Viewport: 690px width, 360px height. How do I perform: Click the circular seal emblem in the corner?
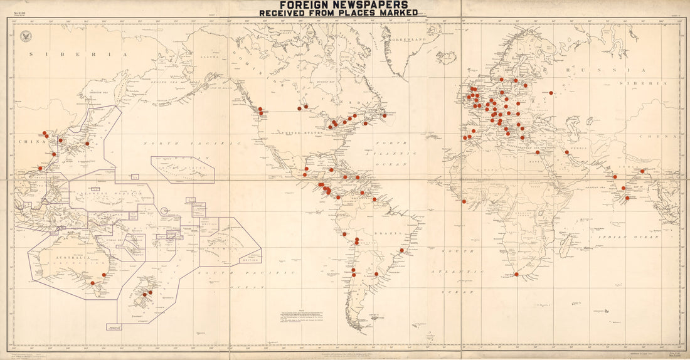[x=26, y=36]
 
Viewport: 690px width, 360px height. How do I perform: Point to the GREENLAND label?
[x=407, y=40]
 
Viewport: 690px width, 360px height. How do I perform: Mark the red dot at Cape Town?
[x=516, y=274]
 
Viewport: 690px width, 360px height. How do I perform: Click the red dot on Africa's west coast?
[x=464, y=201]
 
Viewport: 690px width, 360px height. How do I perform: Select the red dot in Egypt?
[x=538, y=152]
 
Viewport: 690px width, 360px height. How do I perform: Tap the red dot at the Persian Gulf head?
[x=567, y=152]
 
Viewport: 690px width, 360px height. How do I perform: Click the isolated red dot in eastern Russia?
[x=551, y=93]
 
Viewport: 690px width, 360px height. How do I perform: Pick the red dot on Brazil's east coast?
[x=401, y=250]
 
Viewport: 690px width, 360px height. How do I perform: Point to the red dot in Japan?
[x=87, y=144]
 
